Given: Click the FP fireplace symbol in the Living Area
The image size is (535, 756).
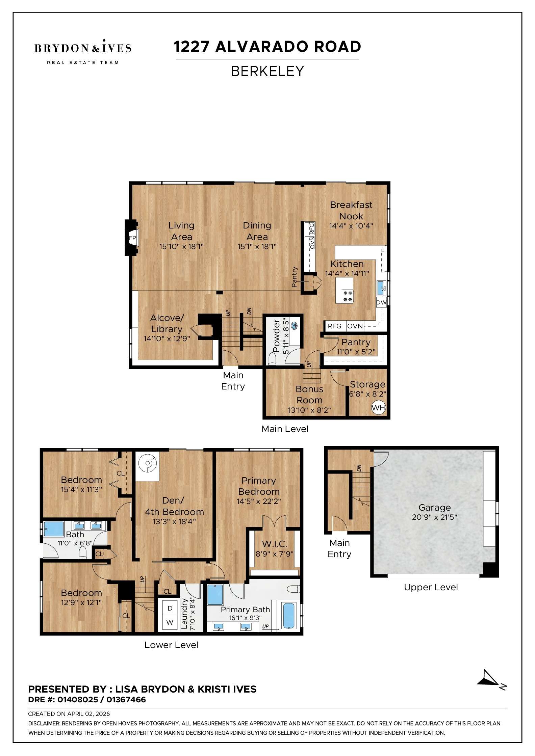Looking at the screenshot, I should point(132,238).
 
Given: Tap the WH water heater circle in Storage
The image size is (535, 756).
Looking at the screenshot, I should point(378,407).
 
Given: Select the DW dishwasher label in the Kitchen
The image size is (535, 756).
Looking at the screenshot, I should point(381,302).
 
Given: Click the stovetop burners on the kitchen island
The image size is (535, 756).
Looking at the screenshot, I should point(348,296).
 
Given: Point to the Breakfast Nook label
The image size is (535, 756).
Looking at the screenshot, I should point(351,210).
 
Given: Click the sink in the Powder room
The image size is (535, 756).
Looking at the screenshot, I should point(294,326).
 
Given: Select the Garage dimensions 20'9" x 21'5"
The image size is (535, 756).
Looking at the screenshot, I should point(434,517).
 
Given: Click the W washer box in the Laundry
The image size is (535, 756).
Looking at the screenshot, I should point(170,622).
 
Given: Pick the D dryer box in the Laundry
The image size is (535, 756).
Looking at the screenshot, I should point(170,608).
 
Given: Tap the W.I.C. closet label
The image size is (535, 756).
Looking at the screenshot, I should point(274,544).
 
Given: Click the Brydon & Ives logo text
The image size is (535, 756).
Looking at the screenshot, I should point(83,48).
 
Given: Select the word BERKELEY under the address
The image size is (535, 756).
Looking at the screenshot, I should point(267,71).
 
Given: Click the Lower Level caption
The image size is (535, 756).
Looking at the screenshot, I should point(171,645).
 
